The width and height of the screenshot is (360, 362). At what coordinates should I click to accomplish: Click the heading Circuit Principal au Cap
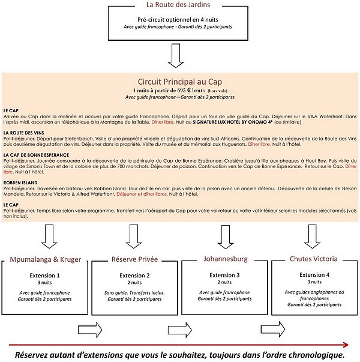[180, 82]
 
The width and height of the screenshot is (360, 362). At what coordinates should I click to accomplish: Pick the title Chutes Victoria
[313, 259]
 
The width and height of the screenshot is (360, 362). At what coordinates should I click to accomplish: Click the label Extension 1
[46, 274]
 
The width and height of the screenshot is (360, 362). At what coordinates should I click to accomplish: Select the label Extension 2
[135, 275]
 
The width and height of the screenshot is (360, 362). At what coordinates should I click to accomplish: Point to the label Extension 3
[224, 274]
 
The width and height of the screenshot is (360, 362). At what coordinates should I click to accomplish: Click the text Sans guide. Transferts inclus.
[135, 293]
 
